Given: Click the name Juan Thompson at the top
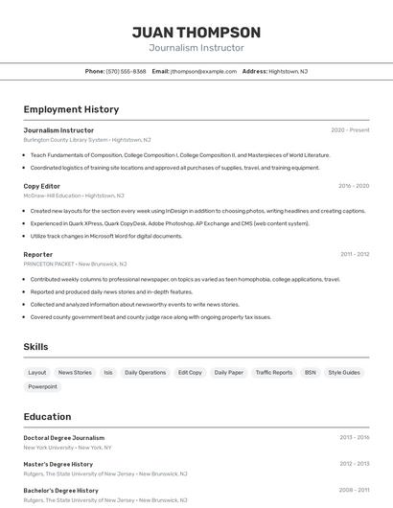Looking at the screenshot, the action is pyautogui.click(x=196, y=33).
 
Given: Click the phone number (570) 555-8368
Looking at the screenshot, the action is pyautogui.click(x=126, y=71).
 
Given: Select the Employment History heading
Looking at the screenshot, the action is pyautogui.click(x=71, y=109).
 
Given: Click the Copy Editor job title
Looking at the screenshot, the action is pyautogui.click(x=42, y=186).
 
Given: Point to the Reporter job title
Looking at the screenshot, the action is pyautogui.click(x=38, y=254).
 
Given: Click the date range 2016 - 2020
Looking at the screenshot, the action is pyautogui.click(x=354, y=186).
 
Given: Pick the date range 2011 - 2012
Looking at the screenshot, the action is pyautogui.click(x=354, y=254).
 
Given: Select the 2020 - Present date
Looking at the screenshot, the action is pyautogui.click(x=350, y=129).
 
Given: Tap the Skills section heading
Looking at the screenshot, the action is pyautogui.click(x=35, y=347).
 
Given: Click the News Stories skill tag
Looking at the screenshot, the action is pyautogui.click(x=75, y=372).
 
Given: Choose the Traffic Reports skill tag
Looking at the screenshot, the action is pyautogui.click(x=274, y=372).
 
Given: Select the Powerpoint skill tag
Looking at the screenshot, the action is pyautogui.click(x=42, y=386).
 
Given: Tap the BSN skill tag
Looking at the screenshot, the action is pyautogui.click(x=311, y=372).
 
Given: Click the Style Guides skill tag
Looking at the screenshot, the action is pyautogui.click(x=344, y=372).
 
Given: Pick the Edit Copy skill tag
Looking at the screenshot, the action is pyautogui.click(x=190, y=372).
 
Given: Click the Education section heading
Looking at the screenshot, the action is pyautogui.click(x=47, y=417).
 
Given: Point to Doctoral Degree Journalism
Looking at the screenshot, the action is pyautogui.click(x=63, y=437).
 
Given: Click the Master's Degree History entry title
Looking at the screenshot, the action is pyautogui.click(x=58, y=464).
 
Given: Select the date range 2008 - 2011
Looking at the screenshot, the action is pyautogui.click(x=354, y=490).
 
